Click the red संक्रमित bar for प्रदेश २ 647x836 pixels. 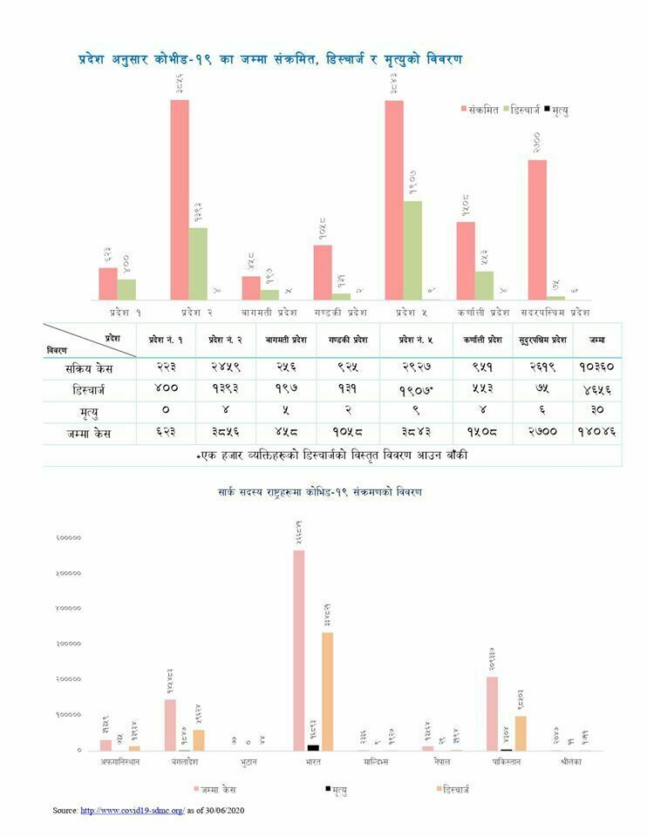coord(180,199)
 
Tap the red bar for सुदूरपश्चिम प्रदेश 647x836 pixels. coord(537,230)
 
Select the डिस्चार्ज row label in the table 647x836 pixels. coord(90,388)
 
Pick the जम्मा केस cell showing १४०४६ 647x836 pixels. coord(596,433)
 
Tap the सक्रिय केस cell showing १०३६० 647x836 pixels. coord(596,367)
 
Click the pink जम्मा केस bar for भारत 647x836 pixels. coord(299,650)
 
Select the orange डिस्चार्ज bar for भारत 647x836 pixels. coord(327,691)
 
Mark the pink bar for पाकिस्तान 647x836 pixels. coord(493,713)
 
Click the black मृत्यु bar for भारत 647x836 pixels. coord(313,747)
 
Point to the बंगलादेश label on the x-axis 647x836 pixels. coord(184,762)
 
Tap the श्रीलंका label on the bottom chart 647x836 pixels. coord(575,762)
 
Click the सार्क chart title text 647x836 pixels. coord(320,493)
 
